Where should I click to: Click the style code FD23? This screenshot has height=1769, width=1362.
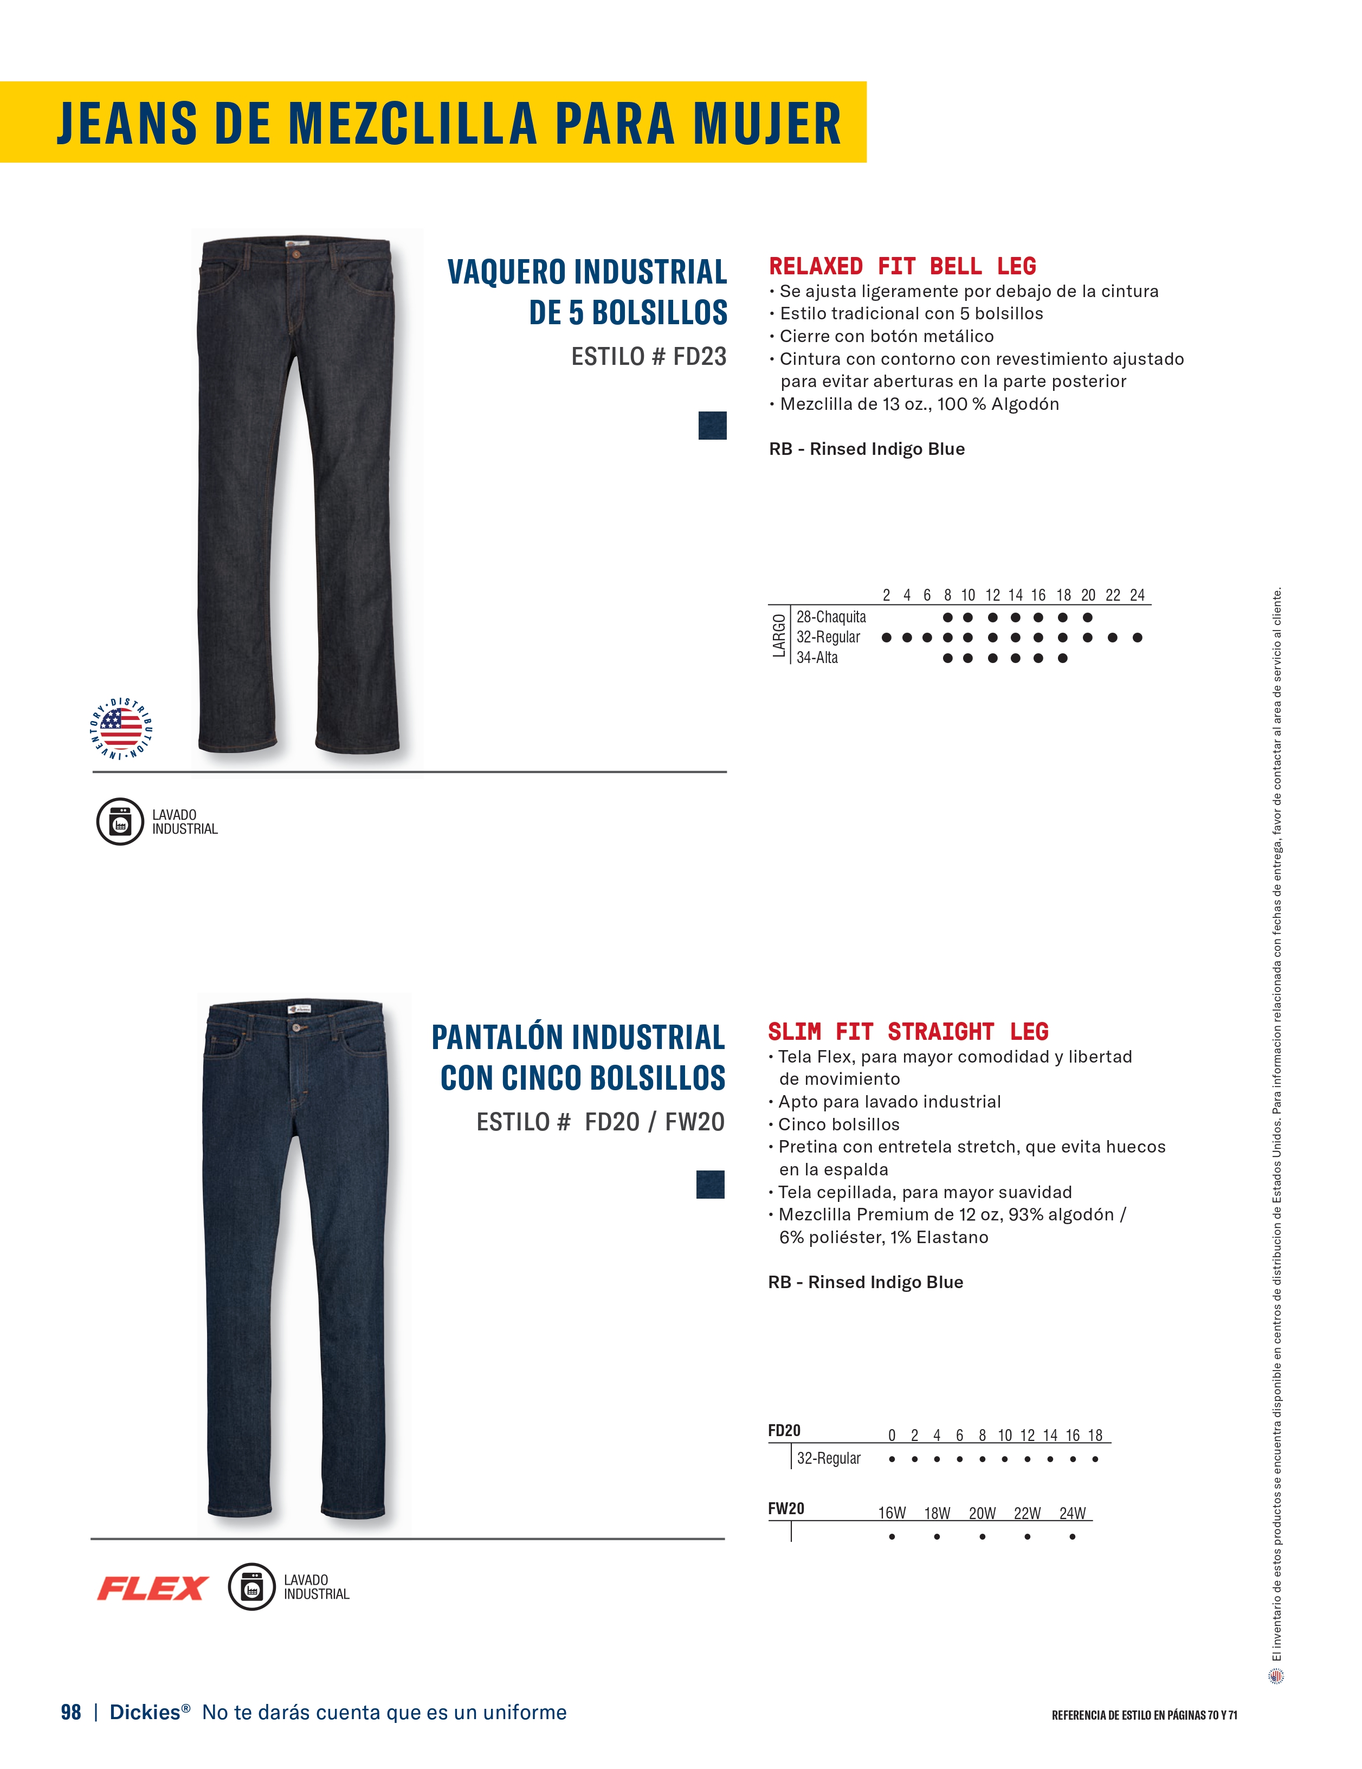tap(700, 356)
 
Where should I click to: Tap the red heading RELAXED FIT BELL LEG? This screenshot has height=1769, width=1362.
tap(902, 267)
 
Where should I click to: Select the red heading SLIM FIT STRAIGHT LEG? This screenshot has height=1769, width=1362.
tap(908, 1031)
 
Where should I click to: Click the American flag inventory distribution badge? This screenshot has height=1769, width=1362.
tap(121, 728)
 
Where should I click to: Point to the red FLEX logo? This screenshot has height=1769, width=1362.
tap(152, 1588)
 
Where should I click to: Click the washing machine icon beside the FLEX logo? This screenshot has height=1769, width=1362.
tap(252, 1587)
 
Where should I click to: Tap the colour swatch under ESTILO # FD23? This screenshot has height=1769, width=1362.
tap(712, 425)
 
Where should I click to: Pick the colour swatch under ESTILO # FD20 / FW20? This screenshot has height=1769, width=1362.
tap(710, 1184)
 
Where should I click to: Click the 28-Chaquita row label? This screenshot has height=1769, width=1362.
tap(831, 617)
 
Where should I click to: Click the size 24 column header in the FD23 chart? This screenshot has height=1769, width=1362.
tap(1137, 595)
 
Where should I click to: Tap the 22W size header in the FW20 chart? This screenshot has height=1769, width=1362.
tap(1027, 1513)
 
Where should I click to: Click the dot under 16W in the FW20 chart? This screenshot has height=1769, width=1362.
tap(892, 1536)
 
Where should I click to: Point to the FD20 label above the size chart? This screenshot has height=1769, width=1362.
tap(784, 1430)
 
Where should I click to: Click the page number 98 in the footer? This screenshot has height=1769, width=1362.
tap(71, 1712)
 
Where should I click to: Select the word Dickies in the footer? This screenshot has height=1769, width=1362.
tap(145, 1712)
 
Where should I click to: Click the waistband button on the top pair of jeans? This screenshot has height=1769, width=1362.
tap(295, 254)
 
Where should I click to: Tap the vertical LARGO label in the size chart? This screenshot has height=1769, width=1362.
tap(778, 636)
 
